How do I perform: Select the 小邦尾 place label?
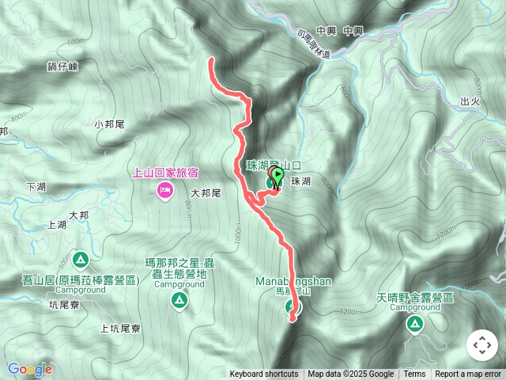110,124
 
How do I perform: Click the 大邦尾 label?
205,192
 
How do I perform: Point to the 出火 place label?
470,101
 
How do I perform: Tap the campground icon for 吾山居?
81,260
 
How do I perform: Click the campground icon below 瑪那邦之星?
179,300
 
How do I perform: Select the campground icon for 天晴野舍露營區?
414,323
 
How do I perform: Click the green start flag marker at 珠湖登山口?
278,175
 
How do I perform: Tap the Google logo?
30,369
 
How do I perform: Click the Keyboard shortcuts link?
264,374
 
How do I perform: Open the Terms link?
414,374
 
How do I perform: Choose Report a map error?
468,374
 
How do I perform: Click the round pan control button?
481,345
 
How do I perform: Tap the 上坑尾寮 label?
120,328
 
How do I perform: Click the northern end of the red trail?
212,59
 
